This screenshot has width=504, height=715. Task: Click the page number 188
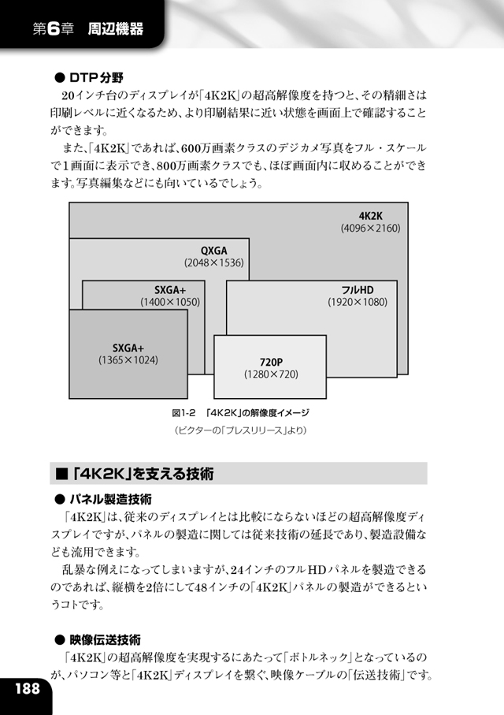click(28, 688)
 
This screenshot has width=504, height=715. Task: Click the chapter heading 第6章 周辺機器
click(88, 29)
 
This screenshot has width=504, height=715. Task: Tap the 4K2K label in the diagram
click(370, 216)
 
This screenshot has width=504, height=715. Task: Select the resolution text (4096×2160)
click(370, 228)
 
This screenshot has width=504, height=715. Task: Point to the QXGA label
click(213, 251)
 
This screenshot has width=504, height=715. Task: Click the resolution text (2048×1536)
click(213, 263)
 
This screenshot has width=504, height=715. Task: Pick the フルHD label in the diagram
click(358, 290)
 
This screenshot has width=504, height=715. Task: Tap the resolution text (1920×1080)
click(358, 302)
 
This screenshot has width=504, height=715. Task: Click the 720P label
click(271, 362)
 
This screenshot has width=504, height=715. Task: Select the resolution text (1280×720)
click(271, 374)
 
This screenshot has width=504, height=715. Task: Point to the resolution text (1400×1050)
click(170, 302)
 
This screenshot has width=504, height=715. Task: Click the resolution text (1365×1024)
click(128, 360)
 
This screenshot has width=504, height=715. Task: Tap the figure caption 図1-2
click(183, 413)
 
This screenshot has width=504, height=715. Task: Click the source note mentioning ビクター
click(241, 430)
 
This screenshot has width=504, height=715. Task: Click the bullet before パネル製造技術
click(60, 500)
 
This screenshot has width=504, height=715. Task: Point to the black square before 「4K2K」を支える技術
click(61, 475)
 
